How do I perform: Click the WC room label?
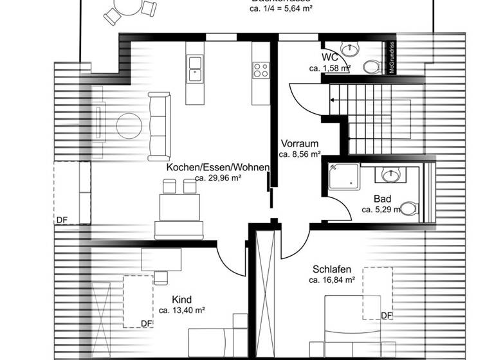(330, 57)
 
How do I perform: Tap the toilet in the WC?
(371, 66)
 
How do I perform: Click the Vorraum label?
(299, 144)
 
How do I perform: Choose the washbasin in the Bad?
(390, 175)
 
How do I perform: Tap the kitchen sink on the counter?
(195, 68)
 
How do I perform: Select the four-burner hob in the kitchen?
(261, 69)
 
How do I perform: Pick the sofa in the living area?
(158, 126)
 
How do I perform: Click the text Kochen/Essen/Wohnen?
(217, 167)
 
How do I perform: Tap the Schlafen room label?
(331, 269)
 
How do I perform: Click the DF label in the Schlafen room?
(387, 315)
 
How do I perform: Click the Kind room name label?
(181, 300)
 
